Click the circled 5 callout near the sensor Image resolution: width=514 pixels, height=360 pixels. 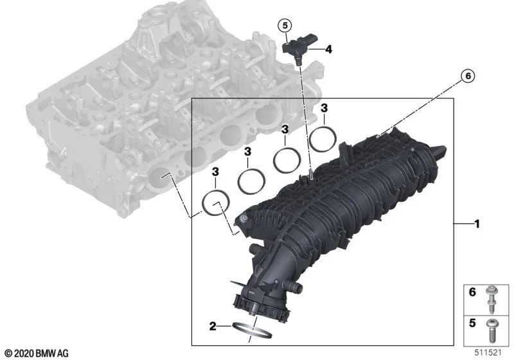[284, 26]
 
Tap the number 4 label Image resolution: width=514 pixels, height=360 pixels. [328, 49]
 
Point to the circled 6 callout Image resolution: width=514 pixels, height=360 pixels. [467, 76]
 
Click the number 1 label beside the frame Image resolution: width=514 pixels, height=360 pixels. [477, 224]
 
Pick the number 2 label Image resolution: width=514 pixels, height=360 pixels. [211, 325]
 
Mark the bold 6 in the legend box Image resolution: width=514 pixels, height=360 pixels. [472, 292]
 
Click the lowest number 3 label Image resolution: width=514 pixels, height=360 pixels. [216, 171]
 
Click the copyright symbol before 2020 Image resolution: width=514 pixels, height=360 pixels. [7, 353]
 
